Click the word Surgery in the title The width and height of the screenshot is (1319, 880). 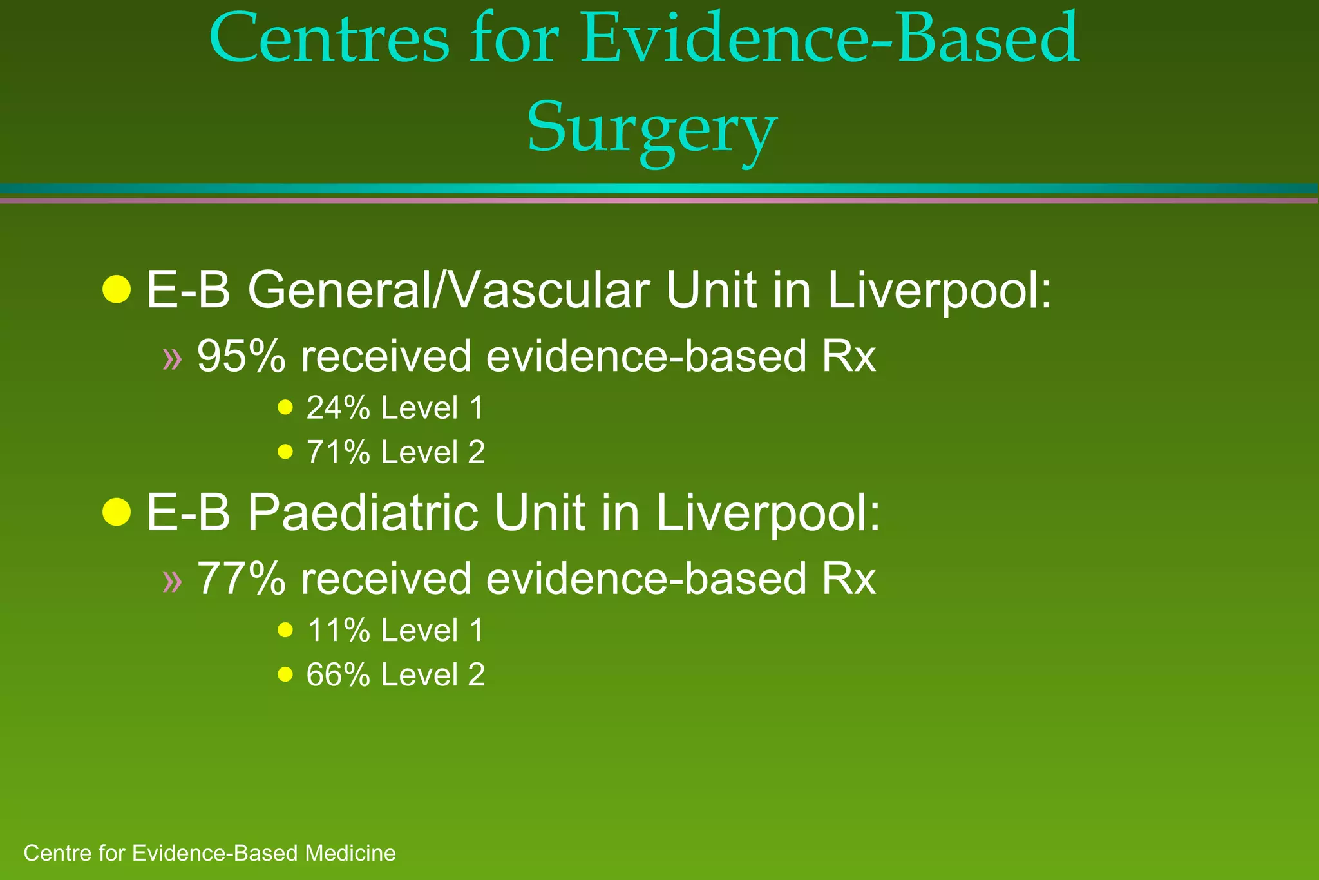tap(652, 128)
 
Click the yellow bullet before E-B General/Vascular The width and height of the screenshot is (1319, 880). tap(117, 289)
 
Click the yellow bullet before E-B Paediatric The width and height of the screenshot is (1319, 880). tap(117, 512)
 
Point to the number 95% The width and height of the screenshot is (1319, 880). tap(241, 356)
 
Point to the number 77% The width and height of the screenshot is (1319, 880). tap(241, 579)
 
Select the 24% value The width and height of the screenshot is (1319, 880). tap(338, 408)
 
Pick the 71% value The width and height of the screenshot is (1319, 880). tap(338, 452)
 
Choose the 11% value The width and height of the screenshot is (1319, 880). tap(338, 630)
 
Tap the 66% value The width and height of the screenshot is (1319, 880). tap(338, 674)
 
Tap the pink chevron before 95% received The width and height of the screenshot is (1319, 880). tap(172, 358)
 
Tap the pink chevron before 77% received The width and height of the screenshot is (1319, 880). tap(172, 580)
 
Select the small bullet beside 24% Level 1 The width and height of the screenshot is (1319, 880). tap(285, 407)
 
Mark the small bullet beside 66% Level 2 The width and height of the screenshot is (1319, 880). tap(285, 674)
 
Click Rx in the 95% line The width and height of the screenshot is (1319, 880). tap(848, 356)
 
